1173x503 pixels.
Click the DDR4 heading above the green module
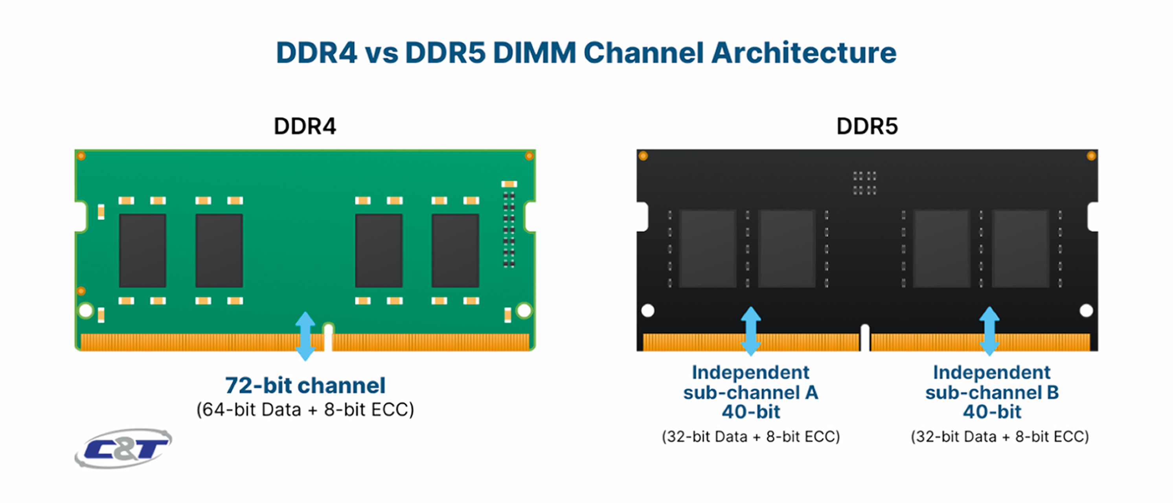click(305, 127)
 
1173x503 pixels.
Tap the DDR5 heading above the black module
click(867, 127)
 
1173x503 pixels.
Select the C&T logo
click(123, 448)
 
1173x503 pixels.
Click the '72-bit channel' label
click(305, 386)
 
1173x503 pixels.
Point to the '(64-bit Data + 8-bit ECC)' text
click(305, 410)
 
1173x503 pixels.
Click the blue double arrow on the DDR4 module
click(305, 336)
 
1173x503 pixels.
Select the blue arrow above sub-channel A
click(751, 331)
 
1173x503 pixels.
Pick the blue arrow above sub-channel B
click(989, 331)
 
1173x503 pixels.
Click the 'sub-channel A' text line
click(751, 393)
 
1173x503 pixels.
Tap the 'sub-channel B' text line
click(992, 393)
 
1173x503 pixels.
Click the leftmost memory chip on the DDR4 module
click(143, 250)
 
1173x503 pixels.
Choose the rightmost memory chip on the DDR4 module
click(455, 250)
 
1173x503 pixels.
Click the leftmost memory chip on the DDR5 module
click(708, 248)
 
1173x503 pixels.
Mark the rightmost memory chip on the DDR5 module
click(1020, 248)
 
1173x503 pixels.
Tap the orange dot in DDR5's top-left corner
click(643, 156)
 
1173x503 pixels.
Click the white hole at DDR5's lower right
click(1087, 311)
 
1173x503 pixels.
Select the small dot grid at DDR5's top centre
click(864, 183)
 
